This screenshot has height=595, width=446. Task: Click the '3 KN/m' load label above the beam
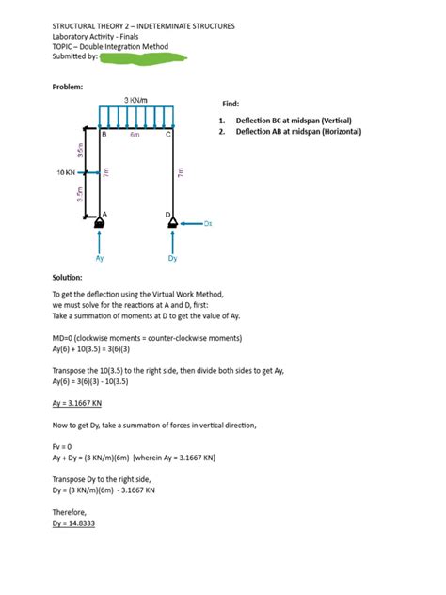click(138, 100)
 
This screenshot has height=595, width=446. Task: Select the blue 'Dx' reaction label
click(209, 224)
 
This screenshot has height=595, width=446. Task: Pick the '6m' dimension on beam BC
click(135, 136)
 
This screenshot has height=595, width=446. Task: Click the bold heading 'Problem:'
click(68, 87)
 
